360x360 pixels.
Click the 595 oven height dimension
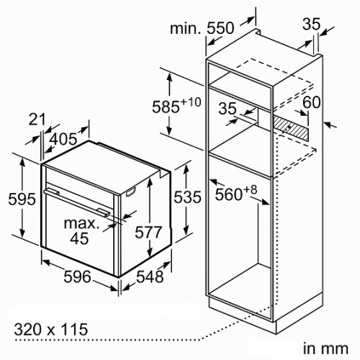tap(22, 199)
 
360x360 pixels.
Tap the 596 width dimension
tap(77, 276)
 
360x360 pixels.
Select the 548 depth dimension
tap(150, 276)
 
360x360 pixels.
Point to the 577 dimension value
tap(148, 233)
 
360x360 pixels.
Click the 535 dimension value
tap(187, 197)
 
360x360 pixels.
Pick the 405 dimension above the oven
tap(64, 139)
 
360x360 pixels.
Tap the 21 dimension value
tap(37, 120)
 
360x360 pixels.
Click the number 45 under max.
tap(79, 238)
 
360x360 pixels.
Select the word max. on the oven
tap(81, 223)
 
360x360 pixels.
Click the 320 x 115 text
tap(51, 329)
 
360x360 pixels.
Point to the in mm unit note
tap(325, 349)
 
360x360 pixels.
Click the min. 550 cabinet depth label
tap(202, 28)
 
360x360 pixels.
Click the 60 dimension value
tap(312, 102)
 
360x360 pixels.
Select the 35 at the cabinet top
tap(311, 24)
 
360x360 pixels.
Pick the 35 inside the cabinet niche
tap(228, 108)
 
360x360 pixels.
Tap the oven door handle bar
tap(77, 202)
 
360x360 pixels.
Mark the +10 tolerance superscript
tap(191, 102)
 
